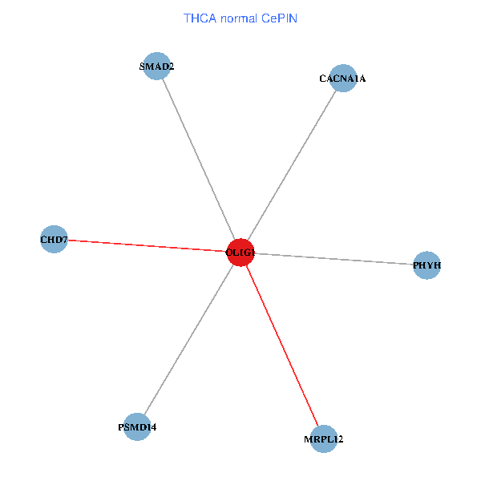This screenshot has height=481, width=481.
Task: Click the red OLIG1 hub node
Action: click(x=240, y=253)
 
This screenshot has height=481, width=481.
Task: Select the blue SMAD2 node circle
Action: click(x=157, y=66)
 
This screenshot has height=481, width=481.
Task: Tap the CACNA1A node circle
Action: click(x=343, y=79)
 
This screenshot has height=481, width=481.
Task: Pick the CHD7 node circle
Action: click(x=54, y=239)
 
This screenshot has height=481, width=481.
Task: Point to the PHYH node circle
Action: click(x=426, y=265)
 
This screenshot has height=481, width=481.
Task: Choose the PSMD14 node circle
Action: click(x=137, y=426)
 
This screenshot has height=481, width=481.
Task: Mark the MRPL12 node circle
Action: click(x=324, y=439)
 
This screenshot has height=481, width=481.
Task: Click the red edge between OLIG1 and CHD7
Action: click(x=148, y=246)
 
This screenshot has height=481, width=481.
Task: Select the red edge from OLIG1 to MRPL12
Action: click(x=282, y=346)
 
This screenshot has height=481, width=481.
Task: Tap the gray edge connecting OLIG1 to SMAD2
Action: click(x=199, y=159)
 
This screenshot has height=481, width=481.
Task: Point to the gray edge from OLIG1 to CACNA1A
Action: click(x=292, y=165)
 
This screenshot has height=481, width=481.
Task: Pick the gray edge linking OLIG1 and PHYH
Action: click(x=333, y=259)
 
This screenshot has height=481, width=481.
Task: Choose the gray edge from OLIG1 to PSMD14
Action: click(x=189, y=339)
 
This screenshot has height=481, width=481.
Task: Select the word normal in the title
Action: click(x=239, y=18)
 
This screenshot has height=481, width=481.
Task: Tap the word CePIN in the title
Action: click(x=280, y=18)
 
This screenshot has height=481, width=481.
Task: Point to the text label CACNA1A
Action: click(x=342, y=79)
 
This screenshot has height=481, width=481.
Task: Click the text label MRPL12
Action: click(x=324, y=439)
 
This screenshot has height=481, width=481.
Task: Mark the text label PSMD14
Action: click(x=137, y=427)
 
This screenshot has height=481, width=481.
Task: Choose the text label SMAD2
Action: click(x=157, y=67)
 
